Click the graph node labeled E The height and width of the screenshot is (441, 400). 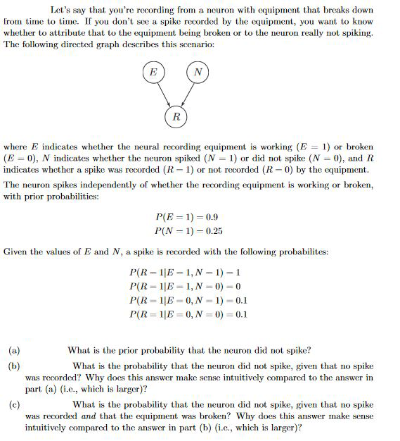coord(153,71)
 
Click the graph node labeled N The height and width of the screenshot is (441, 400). coord(198,71)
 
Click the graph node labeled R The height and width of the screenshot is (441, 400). coord(175,116)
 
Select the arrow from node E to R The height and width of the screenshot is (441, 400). coord(162,92)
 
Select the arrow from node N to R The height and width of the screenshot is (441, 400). coord(188,92)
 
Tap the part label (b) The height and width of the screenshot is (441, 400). coord(14,366)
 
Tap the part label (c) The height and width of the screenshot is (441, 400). coord(14,404)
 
